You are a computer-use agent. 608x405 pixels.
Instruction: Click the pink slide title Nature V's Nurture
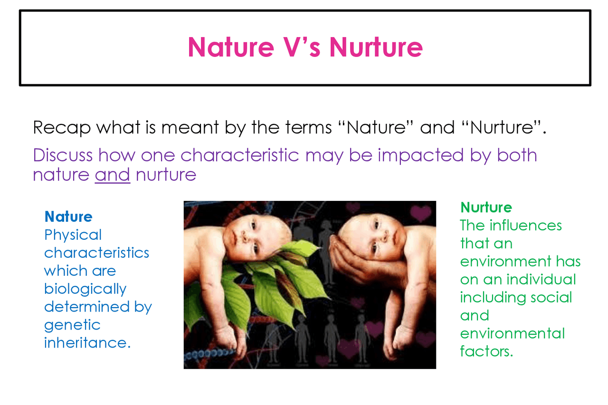tap(305, 47)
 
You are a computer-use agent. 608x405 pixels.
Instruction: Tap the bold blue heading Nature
tap(68, 217)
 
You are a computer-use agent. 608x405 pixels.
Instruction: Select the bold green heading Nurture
tap(486, 207)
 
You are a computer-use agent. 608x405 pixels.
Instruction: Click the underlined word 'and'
tap(113, 174)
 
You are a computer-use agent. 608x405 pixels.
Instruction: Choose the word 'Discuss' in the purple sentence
tap(63, 155)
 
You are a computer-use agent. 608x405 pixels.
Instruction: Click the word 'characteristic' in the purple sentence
tap(240, 155)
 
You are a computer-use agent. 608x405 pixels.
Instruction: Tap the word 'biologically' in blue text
tap(85, 289)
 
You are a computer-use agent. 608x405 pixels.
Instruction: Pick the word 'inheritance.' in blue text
tap(87, 343)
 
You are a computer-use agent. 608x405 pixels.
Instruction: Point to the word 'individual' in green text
tap(541, 279)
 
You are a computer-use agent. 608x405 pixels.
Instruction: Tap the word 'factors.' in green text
tap(486, 351)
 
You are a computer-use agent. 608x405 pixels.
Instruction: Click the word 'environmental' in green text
tap(513, 333)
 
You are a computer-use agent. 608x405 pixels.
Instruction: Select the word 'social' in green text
tap(551, 297)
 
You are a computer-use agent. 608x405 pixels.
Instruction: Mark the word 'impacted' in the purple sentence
tap(420, 155)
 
